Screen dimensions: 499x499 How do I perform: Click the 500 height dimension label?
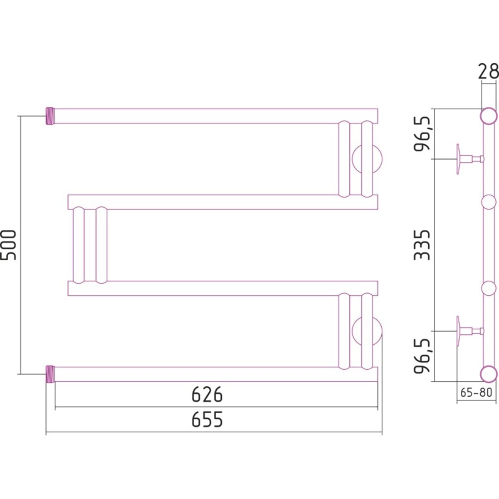[8, 245]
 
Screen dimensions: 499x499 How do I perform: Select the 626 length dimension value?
[207, 395]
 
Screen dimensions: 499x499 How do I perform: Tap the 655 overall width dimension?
[207, 420]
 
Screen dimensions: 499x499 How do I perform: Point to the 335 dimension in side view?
[422, 245]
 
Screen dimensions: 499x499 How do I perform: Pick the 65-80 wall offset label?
[476, 393]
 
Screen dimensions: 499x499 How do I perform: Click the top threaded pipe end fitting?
[50, 116]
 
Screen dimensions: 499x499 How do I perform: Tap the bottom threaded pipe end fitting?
[50, 374]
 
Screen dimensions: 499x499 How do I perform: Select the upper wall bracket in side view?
[470, 159]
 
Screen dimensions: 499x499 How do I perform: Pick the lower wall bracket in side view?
[470, 331]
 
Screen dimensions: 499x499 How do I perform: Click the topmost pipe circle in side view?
[489, 116]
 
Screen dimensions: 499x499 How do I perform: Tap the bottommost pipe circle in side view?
[489, 374]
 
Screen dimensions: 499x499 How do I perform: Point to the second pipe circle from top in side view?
[489, 202]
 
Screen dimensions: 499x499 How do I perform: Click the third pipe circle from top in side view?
[489, 288]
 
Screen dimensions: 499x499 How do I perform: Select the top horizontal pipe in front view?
[216, 116]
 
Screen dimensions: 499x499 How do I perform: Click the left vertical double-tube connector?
[90, 245]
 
